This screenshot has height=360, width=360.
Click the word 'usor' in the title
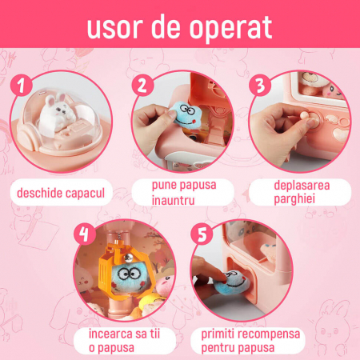[x=117, y=26]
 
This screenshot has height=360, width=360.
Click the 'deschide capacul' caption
[x=60, y=193]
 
